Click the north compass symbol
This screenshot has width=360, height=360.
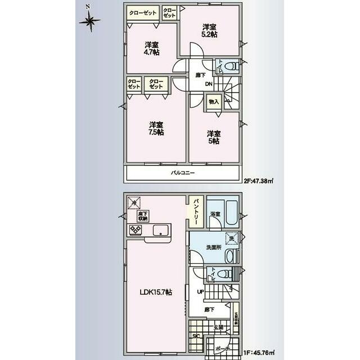89,21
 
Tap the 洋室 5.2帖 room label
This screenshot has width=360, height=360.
210,30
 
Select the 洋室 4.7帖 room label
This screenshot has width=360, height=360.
151,48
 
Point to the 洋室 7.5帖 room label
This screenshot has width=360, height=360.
156,128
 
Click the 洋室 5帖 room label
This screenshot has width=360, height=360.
213,137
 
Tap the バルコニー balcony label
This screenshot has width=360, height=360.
183,173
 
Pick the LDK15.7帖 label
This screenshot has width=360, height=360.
156,292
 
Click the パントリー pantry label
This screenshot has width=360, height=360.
196,209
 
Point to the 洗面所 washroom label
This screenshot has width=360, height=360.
212,247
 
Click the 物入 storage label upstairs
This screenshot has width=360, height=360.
213,102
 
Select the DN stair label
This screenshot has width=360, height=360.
208,85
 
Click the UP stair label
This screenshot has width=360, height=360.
201,292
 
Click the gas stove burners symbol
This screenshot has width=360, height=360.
136,230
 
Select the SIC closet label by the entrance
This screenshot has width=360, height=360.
196,336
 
